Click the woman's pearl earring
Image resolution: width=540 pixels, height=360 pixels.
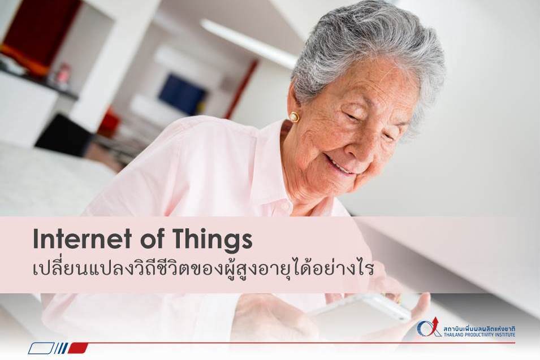click(294, 117)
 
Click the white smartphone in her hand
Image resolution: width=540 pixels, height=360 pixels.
click(362, 310)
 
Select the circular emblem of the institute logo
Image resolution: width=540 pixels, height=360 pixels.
click(426, 329)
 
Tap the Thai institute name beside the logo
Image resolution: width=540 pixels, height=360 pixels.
click(479, 328)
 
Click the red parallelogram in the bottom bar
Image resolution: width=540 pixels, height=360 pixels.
click(78, 348)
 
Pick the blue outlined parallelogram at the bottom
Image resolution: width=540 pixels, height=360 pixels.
click(41, 348)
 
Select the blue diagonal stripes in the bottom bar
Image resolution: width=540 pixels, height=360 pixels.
click(61, 348)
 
